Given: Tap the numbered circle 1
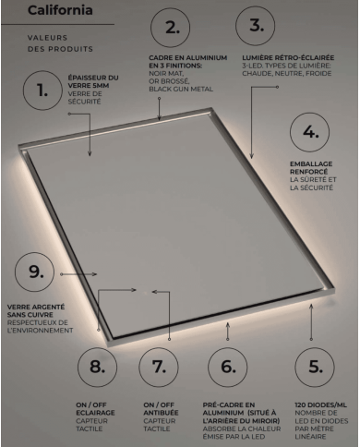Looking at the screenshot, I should click(x=42, y=91).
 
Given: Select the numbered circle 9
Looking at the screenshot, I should click(x=36, y=272).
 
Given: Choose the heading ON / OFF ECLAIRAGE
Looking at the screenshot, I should click(x=96, y=406).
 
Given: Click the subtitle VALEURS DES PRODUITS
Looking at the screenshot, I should click(x=56, y=42).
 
